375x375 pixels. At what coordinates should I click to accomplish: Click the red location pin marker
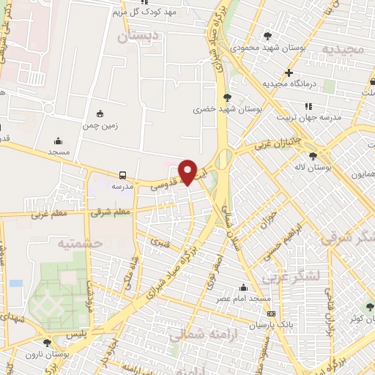[188, 171]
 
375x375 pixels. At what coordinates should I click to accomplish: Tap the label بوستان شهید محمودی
[268, 47]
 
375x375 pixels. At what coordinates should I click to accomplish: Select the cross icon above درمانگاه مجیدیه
[289, 73]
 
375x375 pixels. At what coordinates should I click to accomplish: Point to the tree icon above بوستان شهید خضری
[228, 97]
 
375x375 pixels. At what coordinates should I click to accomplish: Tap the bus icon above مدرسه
[122, 175]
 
